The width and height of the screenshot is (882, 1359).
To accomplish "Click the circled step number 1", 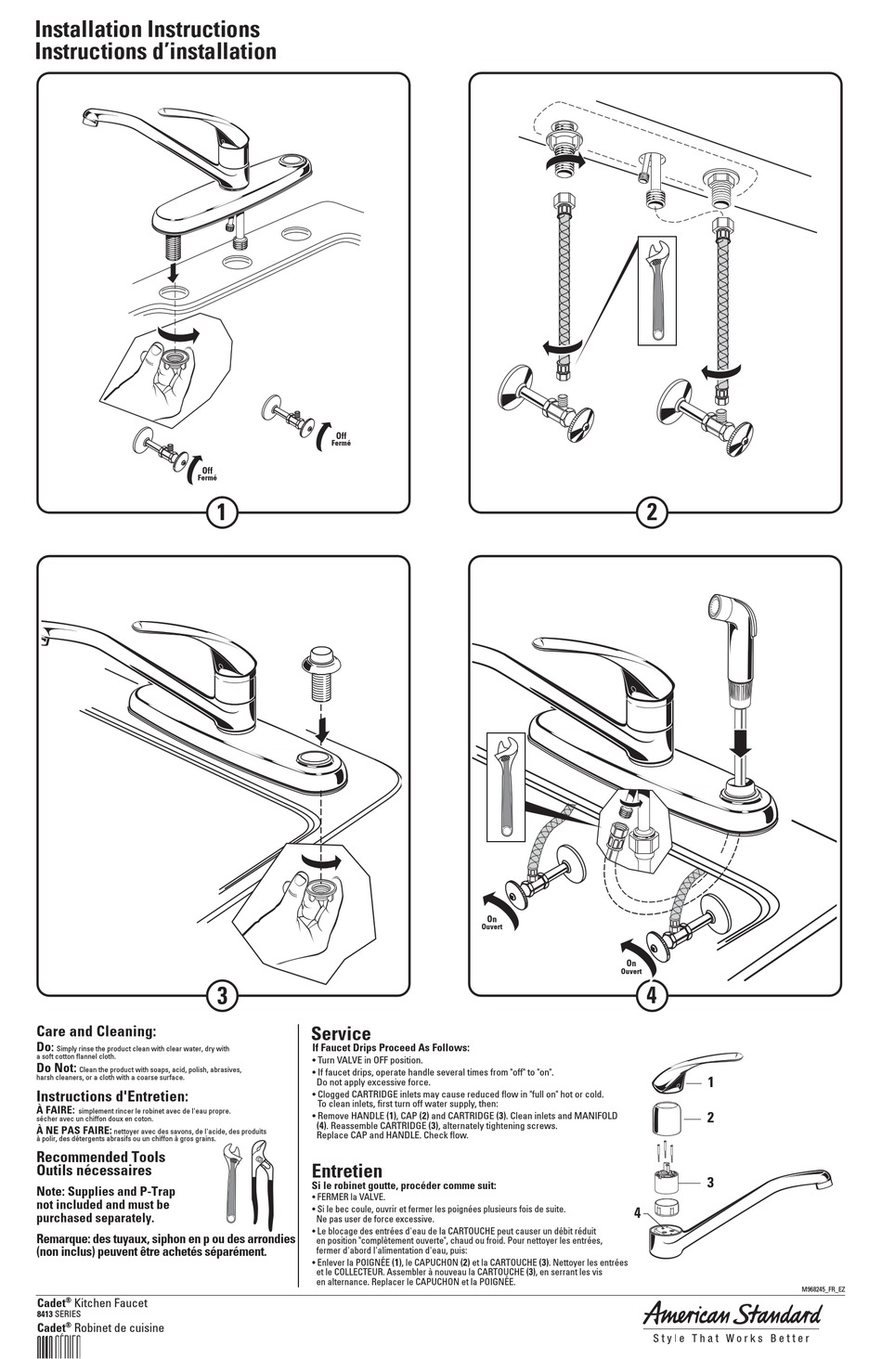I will pyautogui.click(x=221, y=511).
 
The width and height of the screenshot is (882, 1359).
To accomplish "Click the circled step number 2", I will pyautogui.click(x=652, y=511).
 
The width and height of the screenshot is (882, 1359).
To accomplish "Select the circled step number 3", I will pyautogui.click(x=221, y=996).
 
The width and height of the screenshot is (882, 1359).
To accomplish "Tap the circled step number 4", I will pyautogui.click(x=652, y=996).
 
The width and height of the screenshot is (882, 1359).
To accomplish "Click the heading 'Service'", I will pyautogui.click(x=341, y=1033).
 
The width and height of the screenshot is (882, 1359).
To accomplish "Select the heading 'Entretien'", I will pyautogui.click(x=346, y=1171).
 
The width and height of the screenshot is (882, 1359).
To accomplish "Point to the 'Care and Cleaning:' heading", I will pyautogui.click(x=96, y=1031).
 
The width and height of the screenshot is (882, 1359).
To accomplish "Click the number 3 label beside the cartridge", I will pyautogui.click(x=710, y=1182).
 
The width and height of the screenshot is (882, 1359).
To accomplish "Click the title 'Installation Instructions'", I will pyautogui.click(x=147, y=31).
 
